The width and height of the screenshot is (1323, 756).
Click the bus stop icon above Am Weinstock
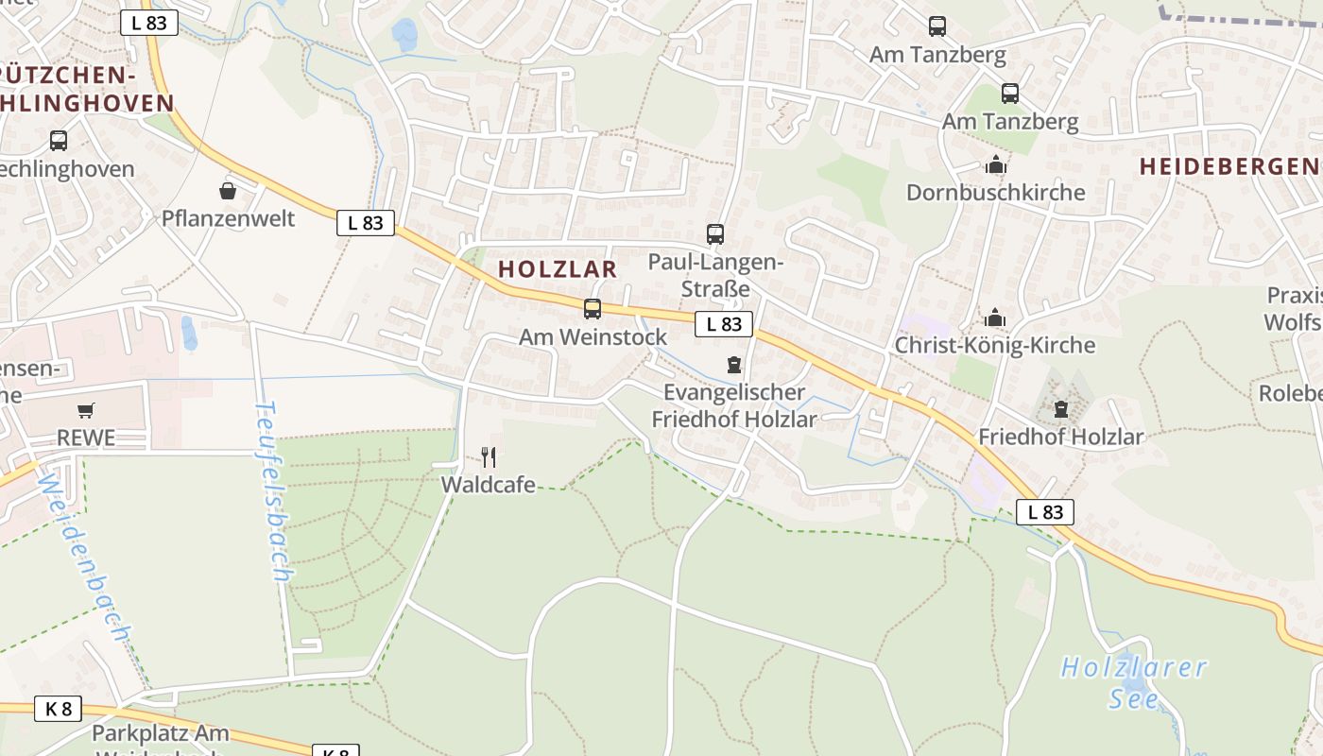pos(593,308)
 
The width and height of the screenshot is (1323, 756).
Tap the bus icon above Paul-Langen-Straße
pos(715,233)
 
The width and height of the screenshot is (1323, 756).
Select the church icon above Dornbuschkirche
pos(995,165)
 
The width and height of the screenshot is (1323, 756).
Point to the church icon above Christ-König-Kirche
pos(995,318)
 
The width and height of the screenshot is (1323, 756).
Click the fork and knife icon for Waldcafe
pos(489,457)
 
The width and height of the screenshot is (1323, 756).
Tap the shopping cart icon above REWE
pos(86,410)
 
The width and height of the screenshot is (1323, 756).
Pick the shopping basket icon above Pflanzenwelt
pos(228,191)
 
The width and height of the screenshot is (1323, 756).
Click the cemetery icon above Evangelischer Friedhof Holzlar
pos(734,364)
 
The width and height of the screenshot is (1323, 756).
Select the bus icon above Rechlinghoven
pos(59,141)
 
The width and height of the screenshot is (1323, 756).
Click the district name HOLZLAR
pos(558,269)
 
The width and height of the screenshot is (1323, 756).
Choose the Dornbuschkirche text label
pos(996,193)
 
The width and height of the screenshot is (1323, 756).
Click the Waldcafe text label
pos(489,486)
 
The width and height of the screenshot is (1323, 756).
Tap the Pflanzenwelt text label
pos(229,219)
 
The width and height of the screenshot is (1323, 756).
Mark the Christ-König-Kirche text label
pos(995,346)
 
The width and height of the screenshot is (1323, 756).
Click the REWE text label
pos(86,438)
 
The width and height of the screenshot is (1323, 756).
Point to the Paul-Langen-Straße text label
pos(715,275)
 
